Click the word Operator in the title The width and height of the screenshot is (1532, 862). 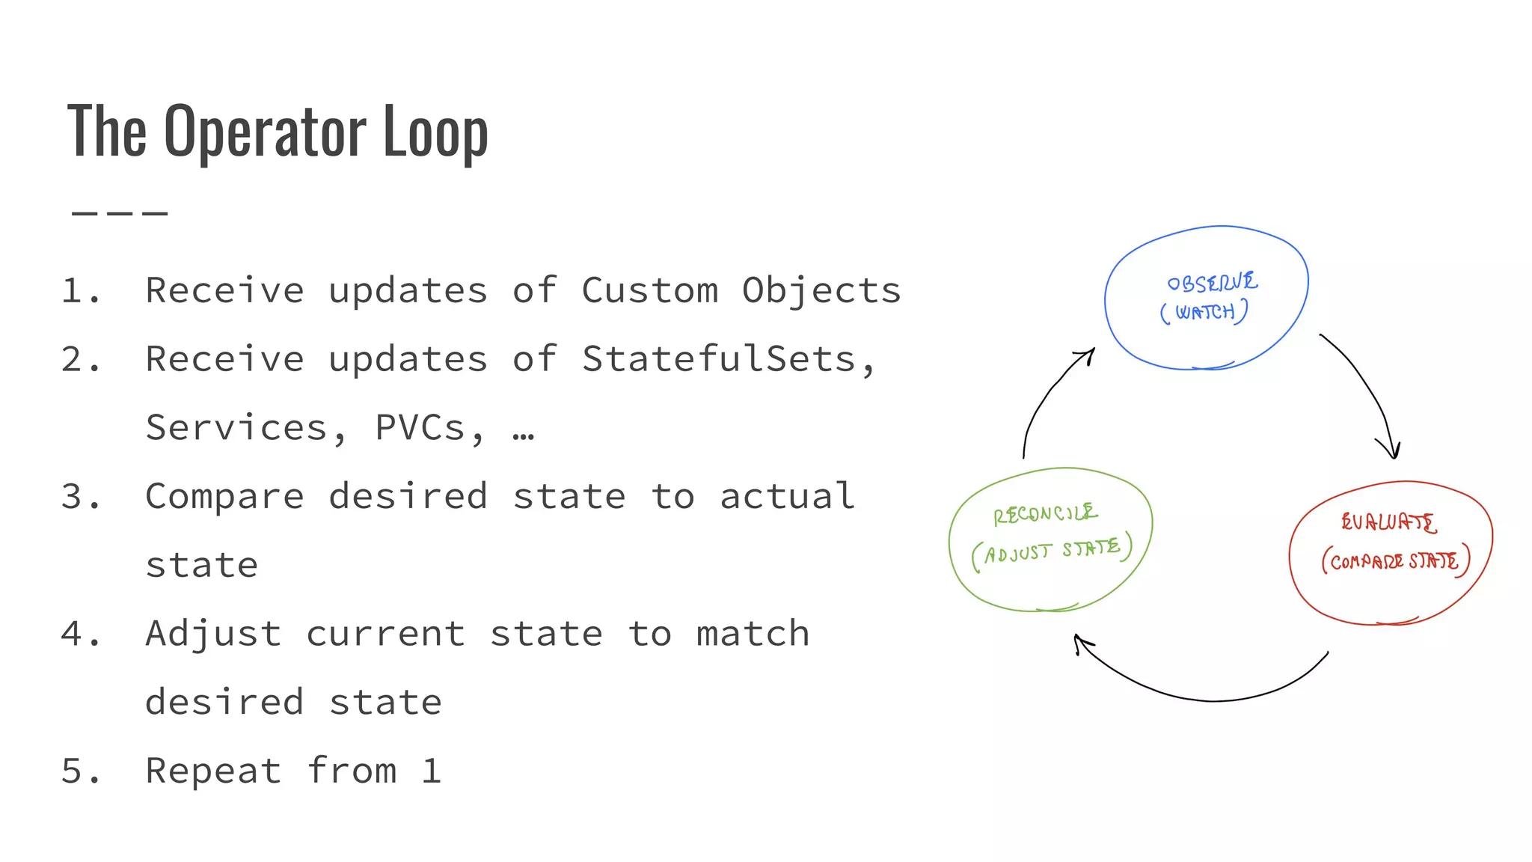pyautogui.click(x=266, y=133)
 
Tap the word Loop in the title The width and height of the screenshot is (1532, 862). pyautogui.click(x=435, y=133)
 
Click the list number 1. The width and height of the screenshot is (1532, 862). pyautogui.click(x=80, y=290)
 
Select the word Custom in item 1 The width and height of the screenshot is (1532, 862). pyautogui.click(x=649, y=290)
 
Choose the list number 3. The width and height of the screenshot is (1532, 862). pyautogui.click(x=80, y=497)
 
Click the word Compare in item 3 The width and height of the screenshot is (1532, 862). pyautogui.click(x=224, y=497)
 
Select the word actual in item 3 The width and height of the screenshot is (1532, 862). pyautogui.click(x=787, y=497)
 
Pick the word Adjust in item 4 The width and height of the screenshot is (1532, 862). pyautogui.click(x=213, y=634)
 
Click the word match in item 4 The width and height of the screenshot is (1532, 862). pyautogui.click(x=753, y=634)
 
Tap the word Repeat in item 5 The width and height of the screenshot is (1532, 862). pyautogui.click(x=213, y=771)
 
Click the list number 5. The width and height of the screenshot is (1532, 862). pyautogui.click(x=80, y=771)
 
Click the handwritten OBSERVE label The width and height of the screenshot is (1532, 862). pyautogui.click(x=1212, y=283)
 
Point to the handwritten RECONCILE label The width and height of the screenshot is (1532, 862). pyautogui.click(x=1045, y=514)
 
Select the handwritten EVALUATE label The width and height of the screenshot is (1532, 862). pyautogui.click(x=1388, y=522)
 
